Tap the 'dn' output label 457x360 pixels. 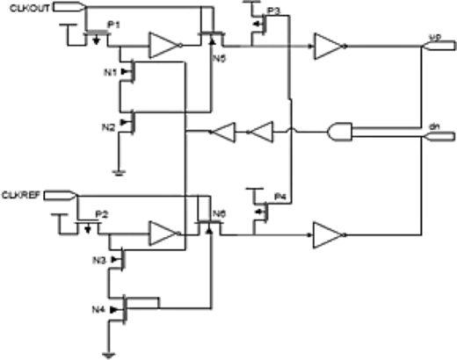tap(433, 127)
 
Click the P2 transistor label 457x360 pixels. tap(102, 213)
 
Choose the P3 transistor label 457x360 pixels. tap(273, 11)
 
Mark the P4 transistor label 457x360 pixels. tap(279, 196)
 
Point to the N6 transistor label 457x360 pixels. tap(220, 213)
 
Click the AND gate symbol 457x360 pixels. tap(339, 133)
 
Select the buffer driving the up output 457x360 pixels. tap(329, 47)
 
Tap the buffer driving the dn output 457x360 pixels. tap(327, 234)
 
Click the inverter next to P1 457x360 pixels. tap(163, 47)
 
